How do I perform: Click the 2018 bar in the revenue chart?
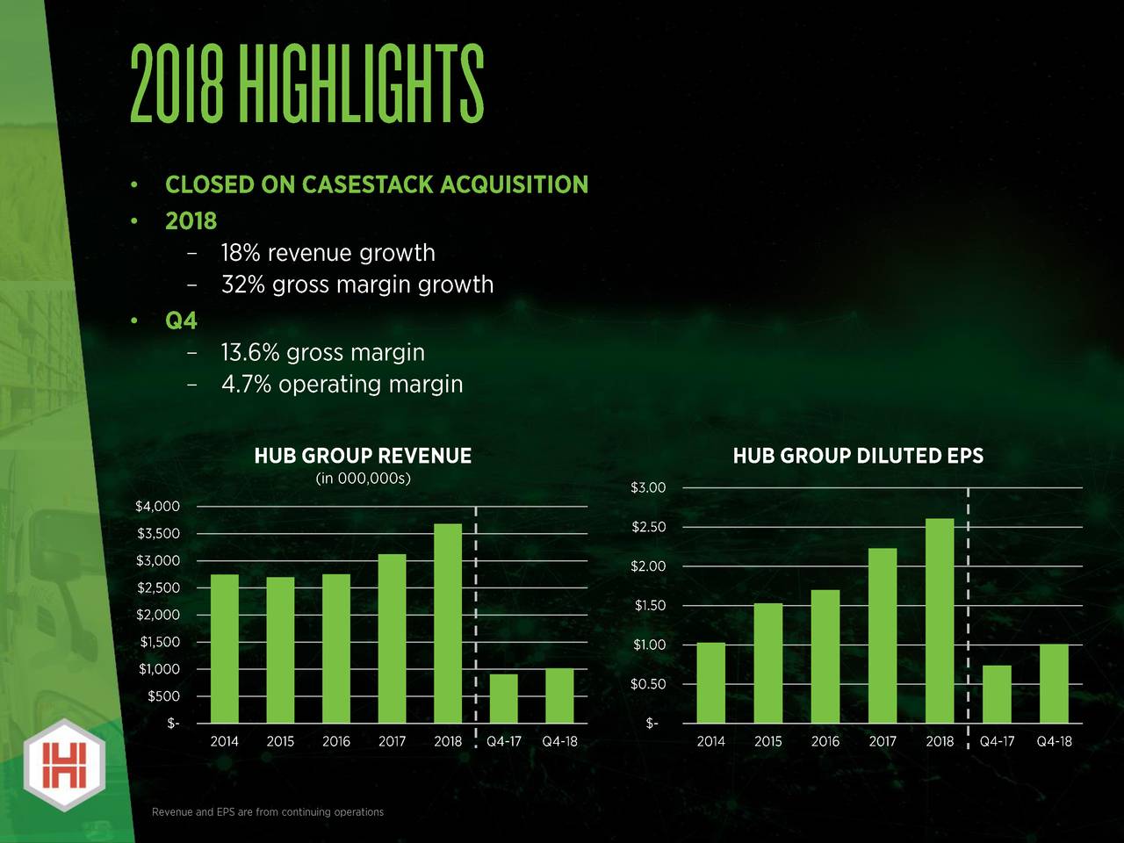tap(448, 623)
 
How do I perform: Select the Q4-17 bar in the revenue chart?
tap(503, 699)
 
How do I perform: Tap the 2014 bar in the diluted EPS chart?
tap(710, 683)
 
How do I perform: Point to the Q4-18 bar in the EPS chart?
tap(1054, 684)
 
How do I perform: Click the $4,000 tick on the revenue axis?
tap(158, 507)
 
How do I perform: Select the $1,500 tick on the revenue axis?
tap(159, 642)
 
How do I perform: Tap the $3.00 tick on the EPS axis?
tap(648, 488)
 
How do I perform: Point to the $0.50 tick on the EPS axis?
tap(648, 685)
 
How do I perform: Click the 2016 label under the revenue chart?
tap(336, 742)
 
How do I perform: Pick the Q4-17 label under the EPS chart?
tap(997, 742)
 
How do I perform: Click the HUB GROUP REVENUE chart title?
tap(363, 457)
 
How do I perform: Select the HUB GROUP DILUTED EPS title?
tap(858, 457)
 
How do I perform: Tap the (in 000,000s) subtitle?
tap(363, 479)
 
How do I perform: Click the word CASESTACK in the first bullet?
tap(368, 185)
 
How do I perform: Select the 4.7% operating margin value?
tap(247, 385)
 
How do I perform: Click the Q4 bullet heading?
tap(182, 321)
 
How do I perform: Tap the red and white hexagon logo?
tap(64, 764)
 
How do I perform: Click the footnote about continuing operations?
tap(268, 812)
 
